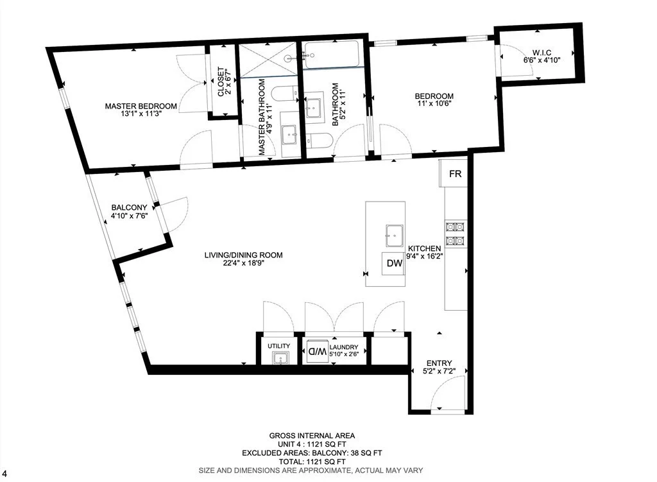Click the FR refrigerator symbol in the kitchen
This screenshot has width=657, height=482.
coord(455,174)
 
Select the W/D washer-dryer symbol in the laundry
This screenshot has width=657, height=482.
coord(317,351)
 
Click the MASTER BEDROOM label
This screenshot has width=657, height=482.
coord(141,107)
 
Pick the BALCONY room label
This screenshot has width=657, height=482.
coord(129,207)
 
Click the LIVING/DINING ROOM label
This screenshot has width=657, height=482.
coord(243,255)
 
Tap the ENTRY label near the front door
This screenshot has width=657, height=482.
coord(439,363)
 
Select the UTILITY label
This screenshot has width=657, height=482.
coord(279,347)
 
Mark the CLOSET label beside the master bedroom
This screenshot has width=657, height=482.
coord(220,82)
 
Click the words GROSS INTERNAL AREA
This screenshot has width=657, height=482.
coord(312,436)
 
